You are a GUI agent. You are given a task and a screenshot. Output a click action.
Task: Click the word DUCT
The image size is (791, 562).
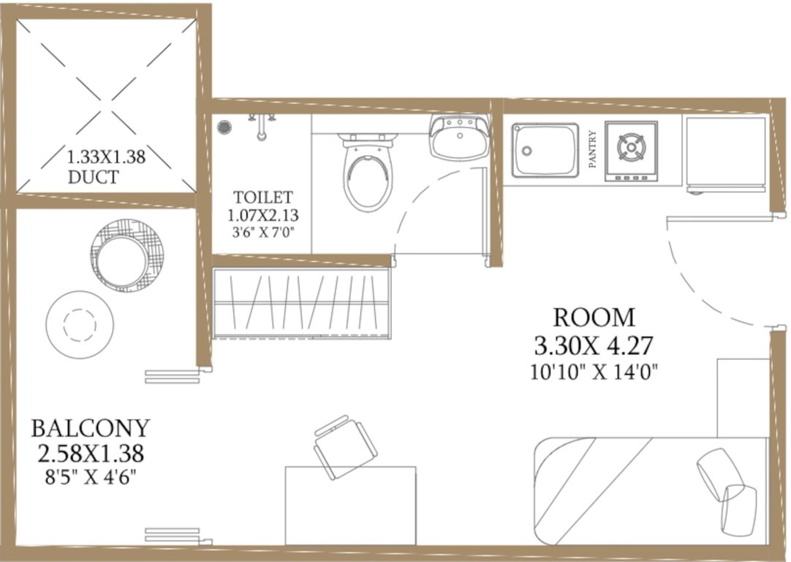point(93,176)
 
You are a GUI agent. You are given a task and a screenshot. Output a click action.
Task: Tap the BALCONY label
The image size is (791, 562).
point(91,427)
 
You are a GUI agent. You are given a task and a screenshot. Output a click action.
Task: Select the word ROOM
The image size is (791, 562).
point(594,318)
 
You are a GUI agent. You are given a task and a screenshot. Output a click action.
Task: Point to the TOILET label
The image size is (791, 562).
point(263,197)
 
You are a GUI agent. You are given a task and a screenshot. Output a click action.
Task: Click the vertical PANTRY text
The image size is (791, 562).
point(592,150)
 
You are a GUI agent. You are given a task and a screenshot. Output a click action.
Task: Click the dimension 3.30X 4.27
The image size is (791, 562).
point(594,345)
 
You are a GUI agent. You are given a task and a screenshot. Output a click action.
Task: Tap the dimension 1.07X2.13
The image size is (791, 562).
point(263,216)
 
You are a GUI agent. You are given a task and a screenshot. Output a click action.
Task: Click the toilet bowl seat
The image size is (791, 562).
point(369,178)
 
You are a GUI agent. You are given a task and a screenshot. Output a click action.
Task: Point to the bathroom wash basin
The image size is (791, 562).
point(458,138)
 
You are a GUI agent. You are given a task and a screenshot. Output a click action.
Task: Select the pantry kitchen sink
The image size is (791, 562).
point(545,149)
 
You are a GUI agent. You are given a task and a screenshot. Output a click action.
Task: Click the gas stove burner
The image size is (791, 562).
point(630,148)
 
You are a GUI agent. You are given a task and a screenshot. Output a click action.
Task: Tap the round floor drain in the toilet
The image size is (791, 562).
point(224,127)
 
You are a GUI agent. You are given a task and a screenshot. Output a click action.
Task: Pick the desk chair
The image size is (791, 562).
point(344,444)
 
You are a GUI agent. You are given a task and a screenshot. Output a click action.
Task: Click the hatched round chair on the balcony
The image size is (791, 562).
point(128,255)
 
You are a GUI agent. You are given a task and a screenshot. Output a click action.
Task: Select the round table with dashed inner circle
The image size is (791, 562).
point(80,323)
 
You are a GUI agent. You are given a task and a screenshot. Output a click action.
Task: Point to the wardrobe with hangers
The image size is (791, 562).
point(302,302)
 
